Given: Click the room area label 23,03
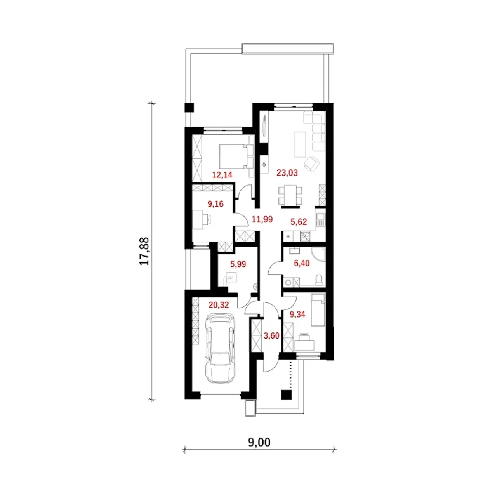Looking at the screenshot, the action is (287, 172).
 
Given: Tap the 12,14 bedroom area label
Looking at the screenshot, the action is (222, 175).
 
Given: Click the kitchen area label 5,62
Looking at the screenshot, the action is (299, 222).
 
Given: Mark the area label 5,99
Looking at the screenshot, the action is (238, 264).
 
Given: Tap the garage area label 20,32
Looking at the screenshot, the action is (219, 305).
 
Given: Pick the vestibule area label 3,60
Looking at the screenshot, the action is (271, 335).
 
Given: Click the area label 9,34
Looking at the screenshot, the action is (298, 315).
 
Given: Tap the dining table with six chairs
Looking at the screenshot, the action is (290, 196).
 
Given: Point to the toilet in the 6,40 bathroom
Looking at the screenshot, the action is (319, 280).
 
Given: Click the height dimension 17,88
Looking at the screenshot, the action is (144, 251).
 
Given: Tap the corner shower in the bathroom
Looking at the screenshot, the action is (318, 255).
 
